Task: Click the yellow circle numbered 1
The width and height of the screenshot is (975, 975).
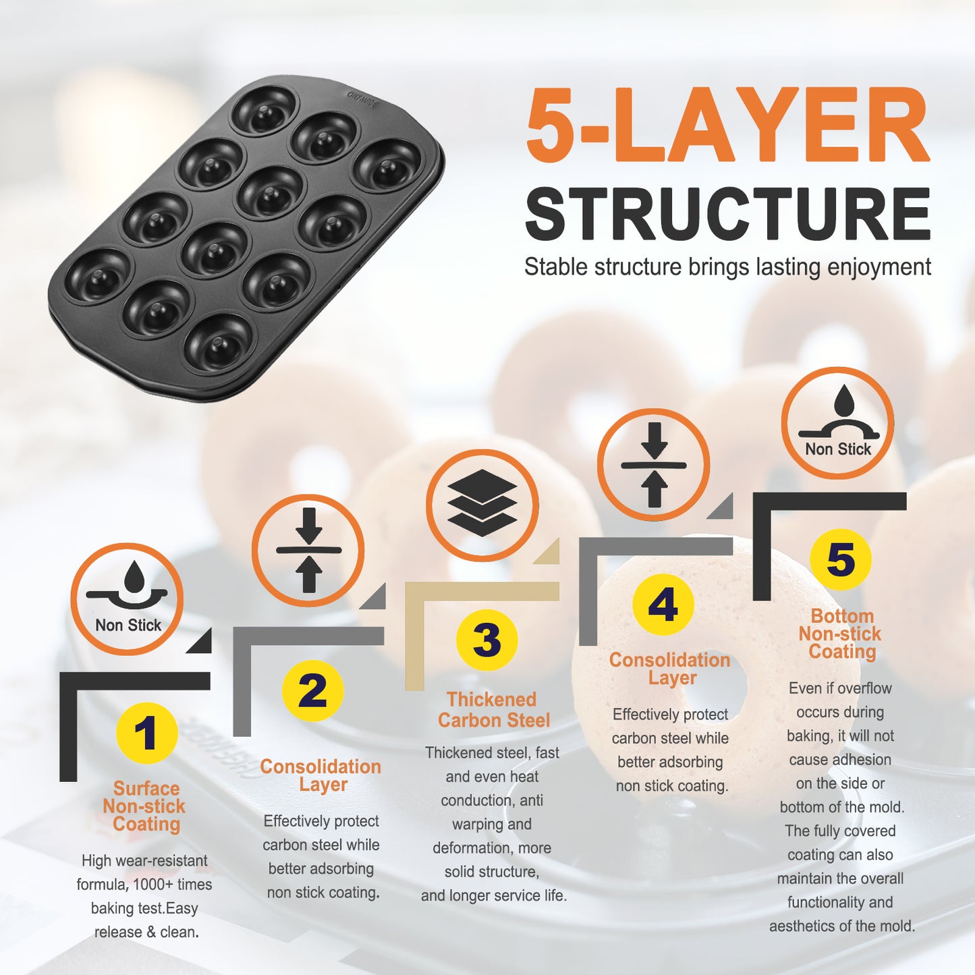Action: pyautogui.click(x=146, y=733)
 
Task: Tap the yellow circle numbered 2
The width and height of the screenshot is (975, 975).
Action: pyautogui.click(x=312, y=691)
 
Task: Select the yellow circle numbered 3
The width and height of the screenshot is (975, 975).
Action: pyautogui.click(x=486, y=640)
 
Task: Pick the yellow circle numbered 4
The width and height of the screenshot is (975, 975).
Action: pyautogui.click(x=663, y=605)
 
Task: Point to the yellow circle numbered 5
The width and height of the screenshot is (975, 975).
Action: pyautogui.click(x=841, y=559)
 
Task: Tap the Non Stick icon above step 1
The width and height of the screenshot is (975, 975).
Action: pyautogui.click(x=126, y=599)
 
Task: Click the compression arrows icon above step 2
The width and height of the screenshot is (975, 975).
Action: pyautogui.click(x=308, y=550)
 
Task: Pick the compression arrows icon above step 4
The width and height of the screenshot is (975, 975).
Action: pyautogui.click(x=654, y=465)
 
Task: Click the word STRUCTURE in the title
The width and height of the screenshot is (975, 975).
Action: pyautogui.click(x=728, y=215)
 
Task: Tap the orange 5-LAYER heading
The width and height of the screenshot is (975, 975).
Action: pyautogui.click(x=728, y=124)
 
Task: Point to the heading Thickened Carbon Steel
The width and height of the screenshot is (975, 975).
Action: pyautogui.click(x=493, y=710)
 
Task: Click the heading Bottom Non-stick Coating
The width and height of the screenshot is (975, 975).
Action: pyautogui.click(x=841, y=634)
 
